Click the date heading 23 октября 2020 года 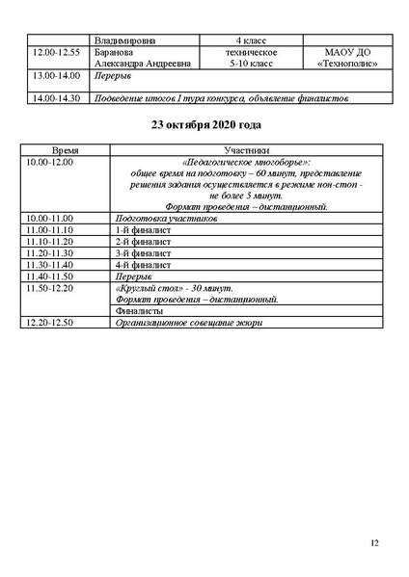(x=204, y=124)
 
